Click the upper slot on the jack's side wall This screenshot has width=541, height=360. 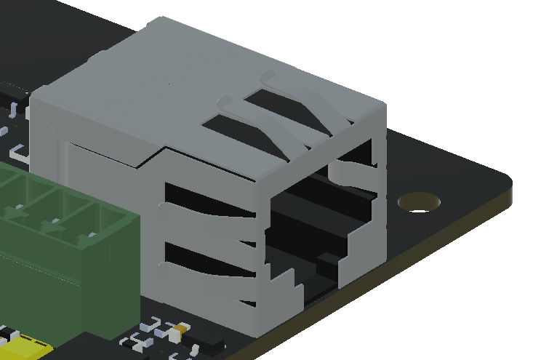tap(204, 201)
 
